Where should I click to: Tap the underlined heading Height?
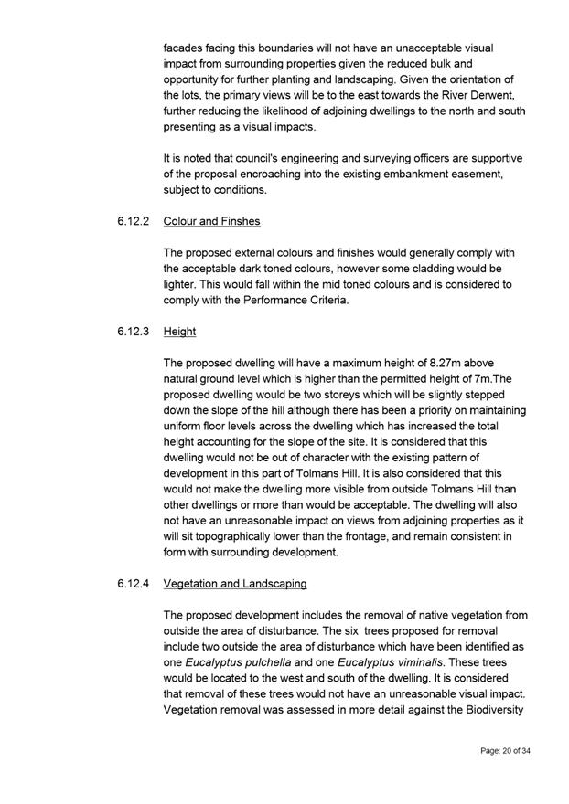179,332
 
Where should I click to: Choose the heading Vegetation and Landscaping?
235,583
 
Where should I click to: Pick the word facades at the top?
185,46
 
